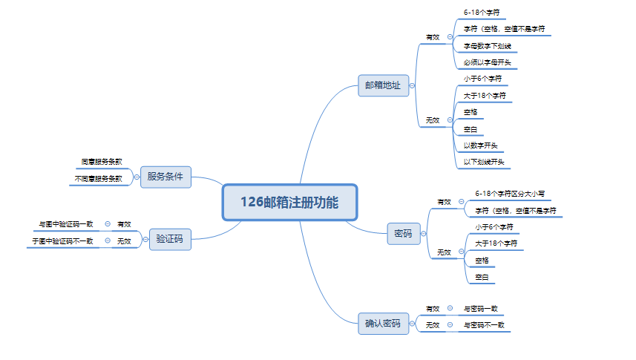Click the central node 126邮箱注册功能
coord(289,202)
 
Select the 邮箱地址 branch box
coord(382,85)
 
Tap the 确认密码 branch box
coord(382,324)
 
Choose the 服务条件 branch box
coord(165,177)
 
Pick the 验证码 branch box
coord(169,239)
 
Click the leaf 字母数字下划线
coord(487,46)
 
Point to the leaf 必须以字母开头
coord(487,62)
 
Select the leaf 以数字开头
coord(480,145)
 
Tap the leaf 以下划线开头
coord(483,162)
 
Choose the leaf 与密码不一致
coord(483,324)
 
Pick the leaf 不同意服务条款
coord(98,178)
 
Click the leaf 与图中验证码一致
coord(66,223)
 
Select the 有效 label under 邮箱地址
coord(432,36)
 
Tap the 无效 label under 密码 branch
coord(444,252)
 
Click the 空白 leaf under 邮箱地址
coord(471,129)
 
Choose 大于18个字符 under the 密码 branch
coord(496,243)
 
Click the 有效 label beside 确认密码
coord(432,308)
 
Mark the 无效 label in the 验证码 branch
coord(124,240)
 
